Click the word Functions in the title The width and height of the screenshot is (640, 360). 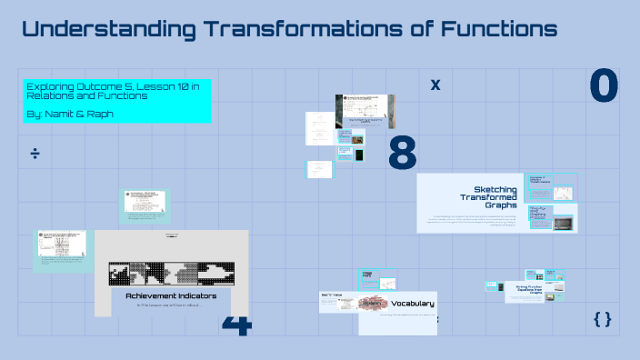[x=499, y=29]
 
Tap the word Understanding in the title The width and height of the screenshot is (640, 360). [x=107, y=29]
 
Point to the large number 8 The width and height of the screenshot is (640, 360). [x=402, y=154]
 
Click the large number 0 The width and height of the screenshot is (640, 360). [x=604, y=85]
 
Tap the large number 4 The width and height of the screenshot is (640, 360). [x=236, y=324]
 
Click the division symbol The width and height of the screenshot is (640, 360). [x=35, y=154]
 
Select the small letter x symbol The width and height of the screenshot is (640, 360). [x=435, y=85]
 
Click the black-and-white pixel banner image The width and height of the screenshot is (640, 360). [x=172, y=274]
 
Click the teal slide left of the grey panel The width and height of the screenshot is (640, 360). [x=64, y=248]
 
